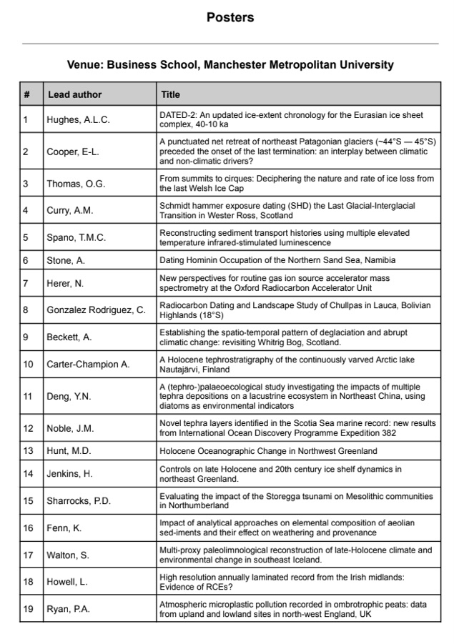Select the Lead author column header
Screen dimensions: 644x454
coord(75,94)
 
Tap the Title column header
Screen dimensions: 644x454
coord(170,94)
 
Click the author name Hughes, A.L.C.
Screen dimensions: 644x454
coord(79,120)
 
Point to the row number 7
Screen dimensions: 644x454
coord(26,283)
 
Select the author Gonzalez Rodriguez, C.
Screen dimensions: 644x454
coord(97,309)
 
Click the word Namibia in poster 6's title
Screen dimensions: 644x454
coord(376,260)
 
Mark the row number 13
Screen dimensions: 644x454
coord(28,451)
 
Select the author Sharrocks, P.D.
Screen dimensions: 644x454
coord(79,501)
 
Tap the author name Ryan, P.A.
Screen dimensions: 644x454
coord(69,609)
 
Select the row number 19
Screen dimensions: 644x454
coord(28,609)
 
